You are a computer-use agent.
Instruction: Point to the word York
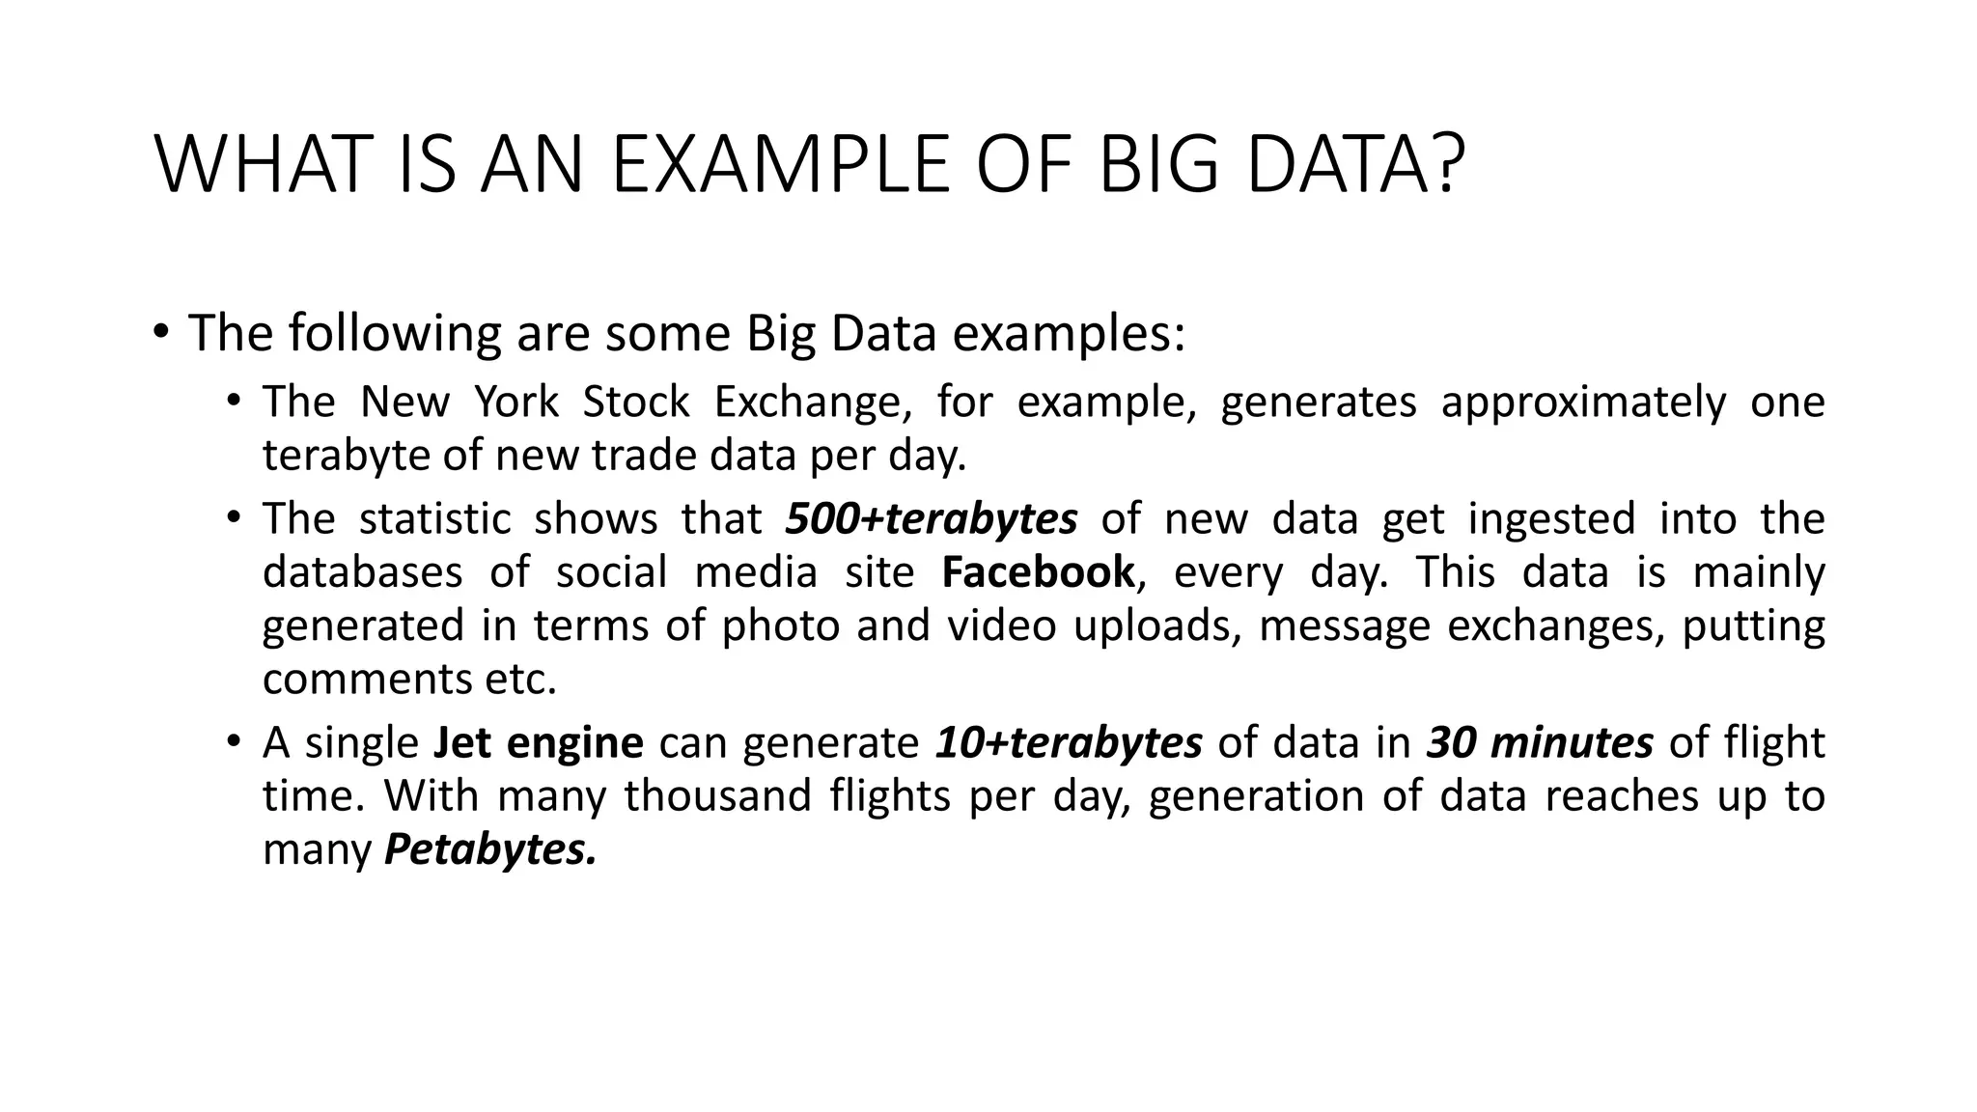pos(516,402)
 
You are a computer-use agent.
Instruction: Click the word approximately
pos(1583,402)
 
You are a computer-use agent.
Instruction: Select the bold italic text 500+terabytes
pos(932,518)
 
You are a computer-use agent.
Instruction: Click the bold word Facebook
pos(1039,571)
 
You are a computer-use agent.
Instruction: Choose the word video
pos(1001,625)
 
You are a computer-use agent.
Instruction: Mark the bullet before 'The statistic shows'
pos(233,517)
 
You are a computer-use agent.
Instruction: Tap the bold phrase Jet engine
pos(539,742)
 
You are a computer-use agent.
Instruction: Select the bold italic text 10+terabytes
pos(1069,742)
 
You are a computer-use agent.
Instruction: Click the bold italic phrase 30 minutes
pos(1540,742)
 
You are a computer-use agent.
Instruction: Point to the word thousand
pos(718,796)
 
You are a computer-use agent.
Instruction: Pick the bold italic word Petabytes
pos(490,850)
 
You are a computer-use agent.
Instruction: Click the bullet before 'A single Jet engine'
pos(233,741)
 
